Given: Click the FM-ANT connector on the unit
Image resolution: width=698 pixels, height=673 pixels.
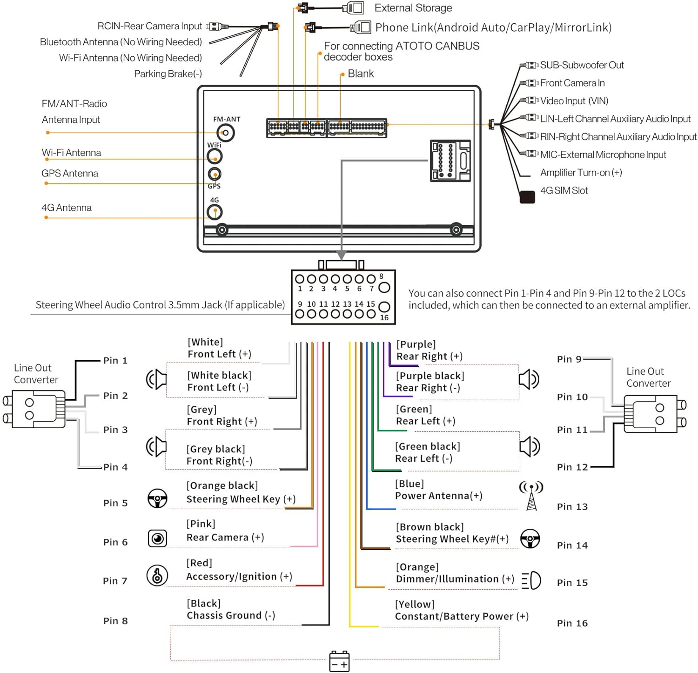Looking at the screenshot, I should coord(226,133).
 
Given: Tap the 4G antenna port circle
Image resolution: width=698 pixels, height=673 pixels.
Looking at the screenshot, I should coord(215,212).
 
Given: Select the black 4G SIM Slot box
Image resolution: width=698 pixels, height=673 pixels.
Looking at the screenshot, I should coord(527,197).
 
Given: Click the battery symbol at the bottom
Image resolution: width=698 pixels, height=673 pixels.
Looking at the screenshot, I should coord(339,661).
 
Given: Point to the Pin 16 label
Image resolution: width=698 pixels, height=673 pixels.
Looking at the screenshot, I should coord(572,623).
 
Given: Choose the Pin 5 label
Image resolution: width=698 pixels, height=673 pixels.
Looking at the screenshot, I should coord(115,503).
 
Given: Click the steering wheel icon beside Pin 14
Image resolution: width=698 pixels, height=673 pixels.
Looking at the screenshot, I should coord(530,539).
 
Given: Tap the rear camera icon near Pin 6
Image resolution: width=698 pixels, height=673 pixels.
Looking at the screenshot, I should coord(157,538).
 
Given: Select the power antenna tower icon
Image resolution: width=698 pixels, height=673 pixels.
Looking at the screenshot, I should coord(531,496).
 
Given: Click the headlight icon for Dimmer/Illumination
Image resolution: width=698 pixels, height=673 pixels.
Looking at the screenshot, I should coord(531,580).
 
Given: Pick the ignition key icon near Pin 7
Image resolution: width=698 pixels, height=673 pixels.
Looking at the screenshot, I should coord(157,575).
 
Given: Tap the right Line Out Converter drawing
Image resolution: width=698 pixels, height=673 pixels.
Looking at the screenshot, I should coord(654,414).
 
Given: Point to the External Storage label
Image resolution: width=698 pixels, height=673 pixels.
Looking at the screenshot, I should coord(413,8).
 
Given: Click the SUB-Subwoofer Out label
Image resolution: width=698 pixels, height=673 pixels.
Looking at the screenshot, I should coord(582,65).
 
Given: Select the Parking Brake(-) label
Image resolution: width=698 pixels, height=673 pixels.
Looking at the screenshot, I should coord(168,74).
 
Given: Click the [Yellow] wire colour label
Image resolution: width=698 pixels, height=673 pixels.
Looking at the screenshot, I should coord(415,604).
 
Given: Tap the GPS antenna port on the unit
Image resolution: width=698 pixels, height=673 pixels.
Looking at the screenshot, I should coord(214,174).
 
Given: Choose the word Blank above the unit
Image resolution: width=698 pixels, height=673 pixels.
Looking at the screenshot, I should coord(361,74).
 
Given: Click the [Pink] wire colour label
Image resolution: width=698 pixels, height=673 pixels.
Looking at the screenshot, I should coord(201,524).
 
